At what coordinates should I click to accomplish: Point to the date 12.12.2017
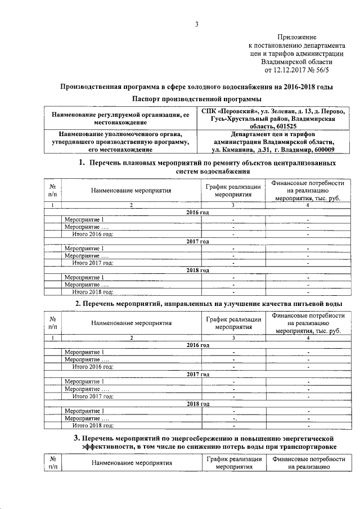(x=291, y=71)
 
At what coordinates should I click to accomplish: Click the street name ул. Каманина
(x=232, y=150)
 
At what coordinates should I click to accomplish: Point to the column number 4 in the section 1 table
(x=307, y=205)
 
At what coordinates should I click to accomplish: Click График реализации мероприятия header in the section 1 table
(x=233, y=191)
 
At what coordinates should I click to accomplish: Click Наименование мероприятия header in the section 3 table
(x=132, y=463)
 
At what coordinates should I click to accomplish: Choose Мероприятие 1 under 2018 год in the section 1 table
(x=84, y=277)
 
